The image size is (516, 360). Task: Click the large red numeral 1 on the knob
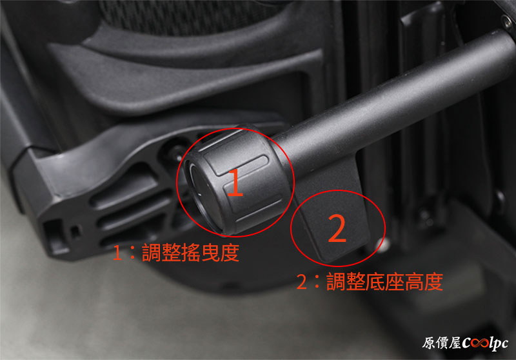click(x=235, y=182)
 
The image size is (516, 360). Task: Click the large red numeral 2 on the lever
click(x=337, y=228)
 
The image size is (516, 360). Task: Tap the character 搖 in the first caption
click(x=191, y=253)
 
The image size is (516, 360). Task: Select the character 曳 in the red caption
click(x=210, y=253)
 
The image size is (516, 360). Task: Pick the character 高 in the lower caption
click(x=414, y=282)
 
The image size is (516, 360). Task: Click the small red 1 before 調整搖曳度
click(x=117, y=253)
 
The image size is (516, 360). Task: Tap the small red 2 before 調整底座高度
click(x=301, y=282)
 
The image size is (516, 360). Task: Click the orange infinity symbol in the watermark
click(x=479, y=343)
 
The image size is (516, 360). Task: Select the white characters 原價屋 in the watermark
click(x=442, y=343)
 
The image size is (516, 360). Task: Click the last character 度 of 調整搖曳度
click(x=230, y=253)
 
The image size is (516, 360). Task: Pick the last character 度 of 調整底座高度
click(x=433, y=282)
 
